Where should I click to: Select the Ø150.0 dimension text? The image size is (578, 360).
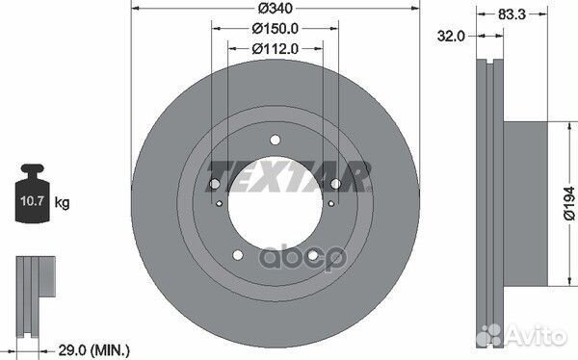coord(275,31)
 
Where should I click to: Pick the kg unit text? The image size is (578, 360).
coord(62,203)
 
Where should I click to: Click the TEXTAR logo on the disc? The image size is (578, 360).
coord(288,173)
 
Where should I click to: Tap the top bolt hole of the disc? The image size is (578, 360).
coord(276,141)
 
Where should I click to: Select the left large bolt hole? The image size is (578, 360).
coord(215,185)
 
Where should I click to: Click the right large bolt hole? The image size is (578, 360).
coord(335,185)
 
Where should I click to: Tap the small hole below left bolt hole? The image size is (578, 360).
coord(220,204)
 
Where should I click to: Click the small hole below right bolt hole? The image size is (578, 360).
coord(330,204)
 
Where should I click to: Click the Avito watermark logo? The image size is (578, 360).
coord(526,335)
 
